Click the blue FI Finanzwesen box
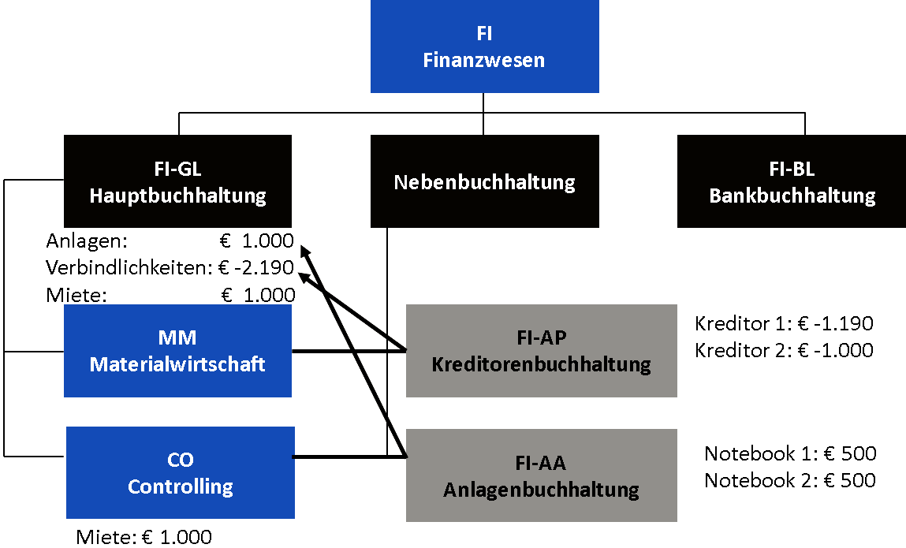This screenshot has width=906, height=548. [484, 47]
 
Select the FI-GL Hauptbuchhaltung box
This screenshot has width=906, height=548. [177, 182]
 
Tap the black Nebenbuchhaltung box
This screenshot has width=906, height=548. [484, 182]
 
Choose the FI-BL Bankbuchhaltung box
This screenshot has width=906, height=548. [792, 182]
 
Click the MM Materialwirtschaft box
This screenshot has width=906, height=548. [177, 351]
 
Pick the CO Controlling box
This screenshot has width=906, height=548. [180, 472]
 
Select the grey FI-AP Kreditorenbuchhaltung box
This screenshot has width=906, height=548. [541, 351]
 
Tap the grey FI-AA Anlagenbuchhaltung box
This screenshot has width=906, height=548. [541, 475]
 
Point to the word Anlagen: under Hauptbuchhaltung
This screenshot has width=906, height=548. [87, 241]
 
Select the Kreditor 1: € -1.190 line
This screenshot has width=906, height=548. [784, 323]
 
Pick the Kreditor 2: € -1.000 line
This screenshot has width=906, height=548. [784, 350]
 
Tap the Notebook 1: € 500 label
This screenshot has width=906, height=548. [790, 453]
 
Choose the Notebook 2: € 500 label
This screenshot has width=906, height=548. [790, 480]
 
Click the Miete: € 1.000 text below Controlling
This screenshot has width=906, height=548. [144, 538]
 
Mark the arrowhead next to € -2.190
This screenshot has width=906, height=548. [303, 274]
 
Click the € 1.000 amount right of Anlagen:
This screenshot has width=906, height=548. [257, 241]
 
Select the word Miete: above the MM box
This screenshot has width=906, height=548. [76, 295]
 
